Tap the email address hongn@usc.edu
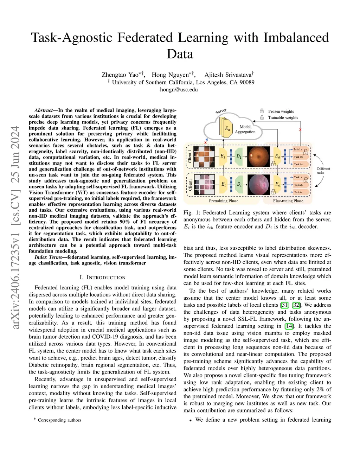179,89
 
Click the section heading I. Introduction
103,277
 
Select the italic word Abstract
44,110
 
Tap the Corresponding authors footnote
59,420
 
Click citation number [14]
289,326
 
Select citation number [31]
285,305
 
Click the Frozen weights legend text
281,111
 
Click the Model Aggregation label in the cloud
245,129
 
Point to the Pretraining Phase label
224,201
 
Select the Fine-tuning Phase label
288,201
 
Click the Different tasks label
323,171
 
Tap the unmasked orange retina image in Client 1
258,157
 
